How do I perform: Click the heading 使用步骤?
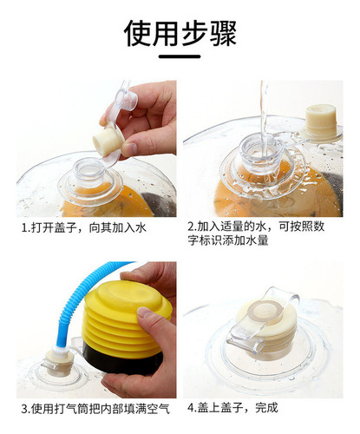pyautogui.click(x=180, y=34)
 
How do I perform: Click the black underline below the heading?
pyautogui.click(x=180, y=56)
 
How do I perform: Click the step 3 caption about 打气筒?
pyautogui.click(x=95, y=409)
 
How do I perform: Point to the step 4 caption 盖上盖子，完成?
pyautogui.click(x=232, y=408)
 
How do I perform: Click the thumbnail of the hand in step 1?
pyautogui.click(x=129, y=148)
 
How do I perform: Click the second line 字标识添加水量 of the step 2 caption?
pyautogui.click(x=228, y=240)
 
